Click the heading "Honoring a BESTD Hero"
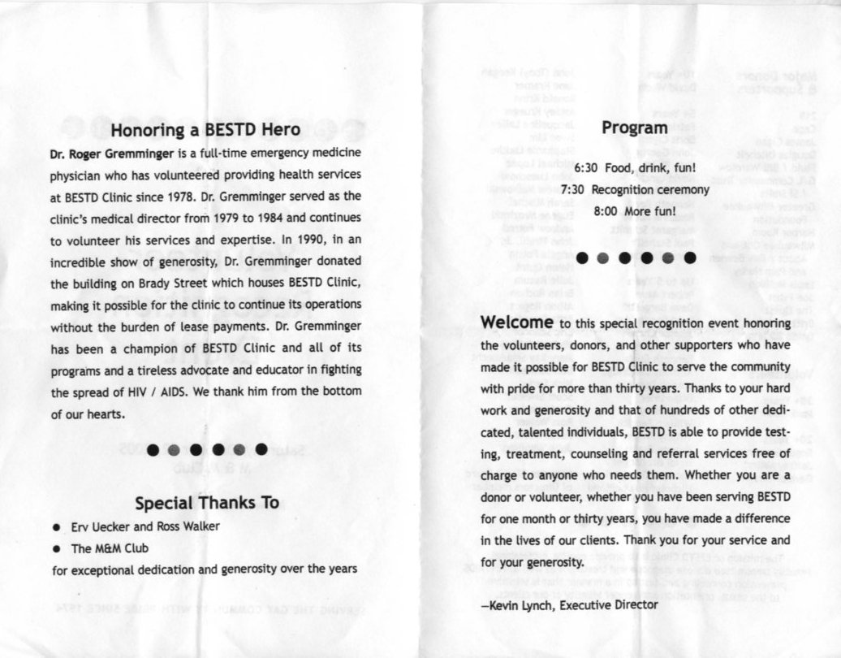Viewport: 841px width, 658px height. pyautogui.click(x=205, y=129)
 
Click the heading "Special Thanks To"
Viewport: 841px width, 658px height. pyautogui.click(x=206, y=503)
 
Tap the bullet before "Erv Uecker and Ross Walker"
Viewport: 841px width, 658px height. pyautogui.click(x=54, y=526)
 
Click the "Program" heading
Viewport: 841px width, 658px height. pyautogui.click(x=634, y=128)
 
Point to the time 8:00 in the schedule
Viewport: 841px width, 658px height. pyautogui.click(x=606, y=211)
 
